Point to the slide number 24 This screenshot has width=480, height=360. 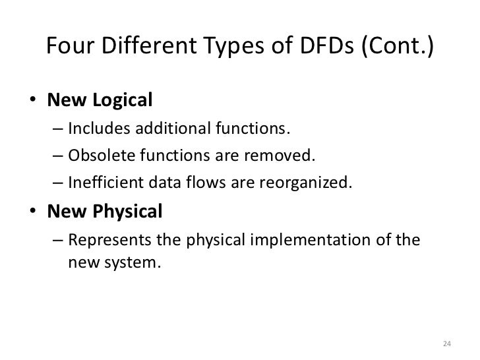pyautogui.click(x=447, y=343)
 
